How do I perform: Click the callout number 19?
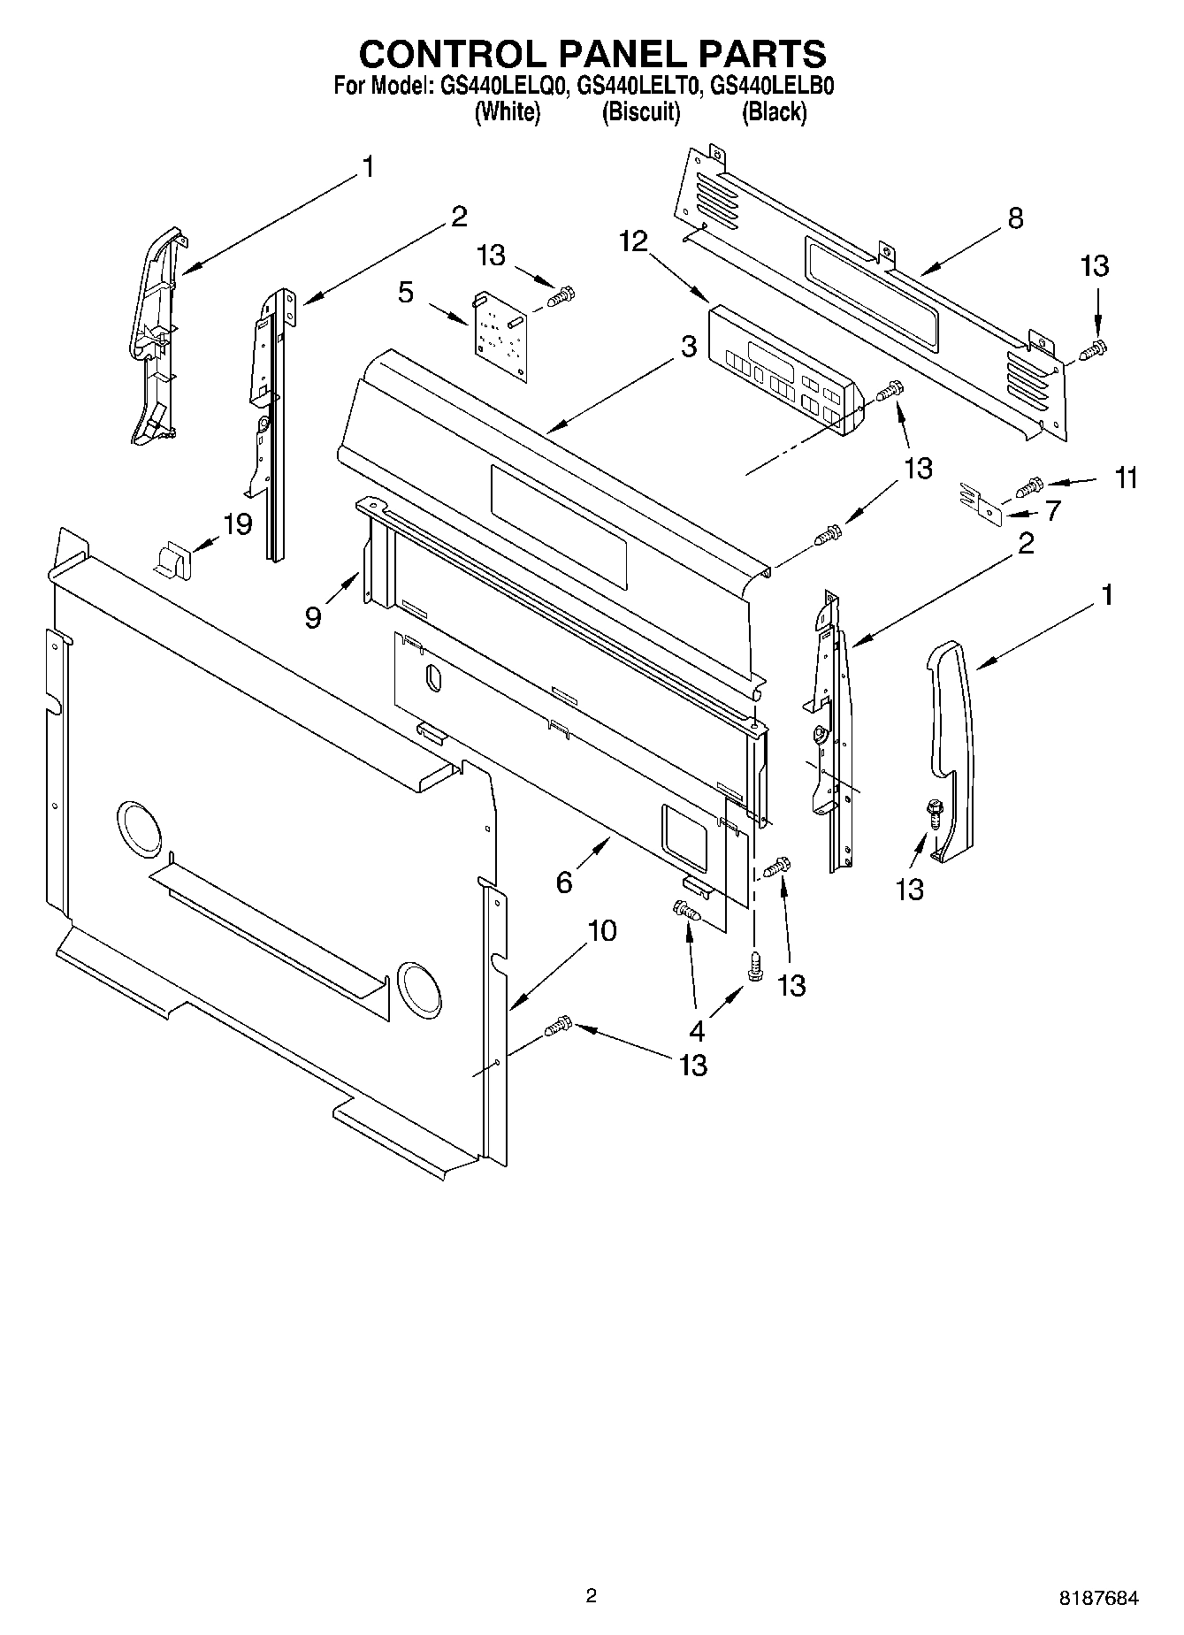click(237, 523)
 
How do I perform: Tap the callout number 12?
click(633, 241)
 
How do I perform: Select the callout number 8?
click(1015, 218)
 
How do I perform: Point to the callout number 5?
click(405, 292)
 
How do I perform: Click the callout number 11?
click(1126, 478)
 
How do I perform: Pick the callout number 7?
click(1052, 510)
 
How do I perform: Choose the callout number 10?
click(602, 930)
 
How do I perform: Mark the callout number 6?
click(564, 882)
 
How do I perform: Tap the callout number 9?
click(313, 616)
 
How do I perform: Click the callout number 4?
click(697, 1029)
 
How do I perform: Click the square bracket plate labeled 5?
click(499, 335)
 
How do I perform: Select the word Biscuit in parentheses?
click(640, 112)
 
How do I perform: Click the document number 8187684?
click(1099, 1597)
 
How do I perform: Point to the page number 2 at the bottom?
click(591, 1596)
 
